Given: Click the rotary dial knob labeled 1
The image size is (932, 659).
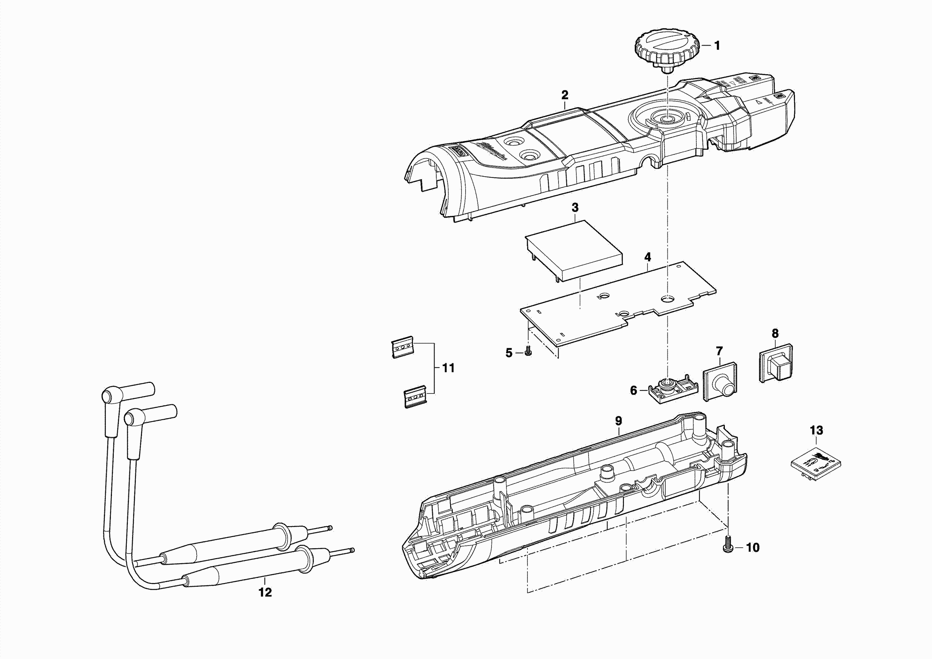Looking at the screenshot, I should pyautogui.click(x=667, y=51).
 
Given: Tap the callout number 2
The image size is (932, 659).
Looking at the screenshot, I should pyautogui.click(x=565, y=95).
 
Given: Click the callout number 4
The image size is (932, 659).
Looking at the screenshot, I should pyautogui.click(x=647, y=257).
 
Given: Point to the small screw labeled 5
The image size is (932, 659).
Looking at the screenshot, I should pyautogui.click(x=528, y=350).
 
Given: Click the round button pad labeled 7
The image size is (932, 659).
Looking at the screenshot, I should pyautogui.click(x=720, y=382).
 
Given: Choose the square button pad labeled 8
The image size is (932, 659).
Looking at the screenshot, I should pyautogui.click(x=776, y=362).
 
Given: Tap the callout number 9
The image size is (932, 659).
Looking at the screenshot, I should pyautogui.click(x=618, y=421).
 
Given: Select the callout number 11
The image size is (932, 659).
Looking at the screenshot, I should pyautogui.click(x=448, y=368).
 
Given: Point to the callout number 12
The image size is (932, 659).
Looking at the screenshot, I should pyautogui.click(x=265, y=593).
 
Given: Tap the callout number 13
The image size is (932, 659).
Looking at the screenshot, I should pyautogui.click(x=816, y=430).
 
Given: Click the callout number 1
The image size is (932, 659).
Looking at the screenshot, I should pyautogui.click(x=717, y=46).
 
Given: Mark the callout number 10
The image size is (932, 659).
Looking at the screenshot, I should pyautogui.click(x=753, y=548).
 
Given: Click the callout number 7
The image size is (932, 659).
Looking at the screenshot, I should pyautogui.click(x=719, y=351).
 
